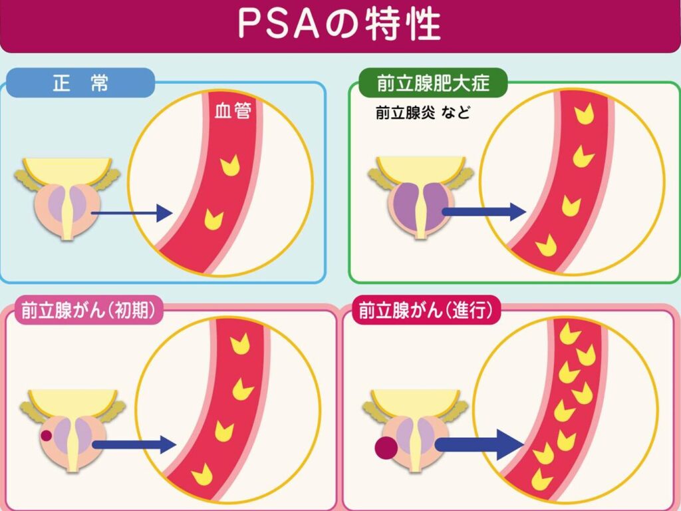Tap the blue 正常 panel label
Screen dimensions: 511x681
[x=80, y=84]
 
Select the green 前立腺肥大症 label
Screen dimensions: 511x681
[x=433, y=84]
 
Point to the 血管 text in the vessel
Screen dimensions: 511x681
[x=232, y=111]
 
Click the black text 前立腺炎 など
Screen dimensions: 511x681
[x=422, y=113]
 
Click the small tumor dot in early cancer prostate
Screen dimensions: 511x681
[x=47, y=436]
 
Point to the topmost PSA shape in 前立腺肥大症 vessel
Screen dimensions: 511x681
[x=585, y=114]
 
